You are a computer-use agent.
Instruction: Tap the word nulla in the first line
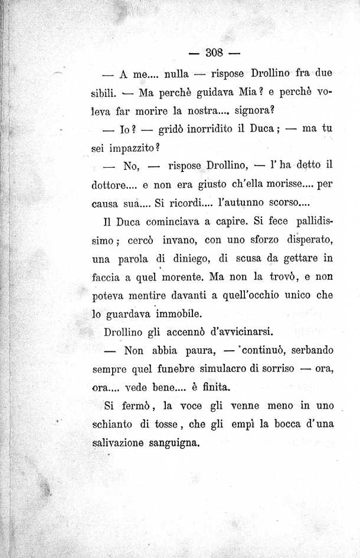point(176,74)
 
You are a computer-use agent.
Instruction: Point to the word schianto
point(115,425)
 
